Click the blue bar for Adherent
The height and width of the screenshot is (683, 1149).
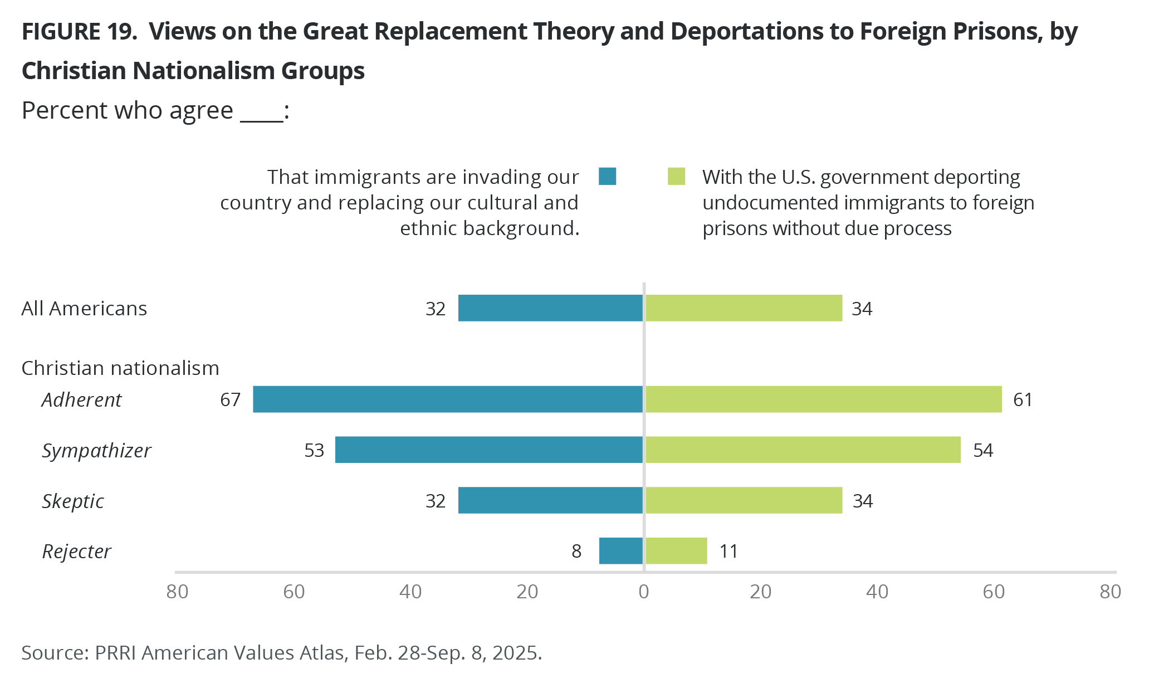(x=448, y=399)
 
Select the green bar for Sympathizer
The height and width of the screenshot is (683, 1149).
(x=803, y=450)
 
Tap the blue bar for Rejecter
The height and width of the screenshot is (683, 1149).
(x=620, y=551)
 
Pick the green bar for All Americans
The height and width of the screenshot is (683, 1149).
(x=743, y=308)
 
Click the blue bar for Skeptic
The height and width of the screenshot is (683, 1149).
(x=550, y=500)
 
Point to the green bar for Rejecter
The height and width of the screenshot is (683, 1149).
(x=676, y=551)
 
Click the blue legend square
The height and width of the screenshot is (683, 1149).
(x=607, y=176)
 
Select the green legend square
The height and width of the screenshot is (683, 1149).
(x=676, y=176)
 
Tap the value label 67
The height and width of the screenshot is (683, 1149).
(x=230, y=400)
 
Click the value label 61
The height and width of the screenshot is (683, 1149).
(x=1023, y=400)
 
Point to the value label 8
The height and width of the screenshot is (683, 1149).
(x=576, y=552)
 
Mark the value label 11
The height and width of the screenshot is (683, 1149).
(x=728, y=552)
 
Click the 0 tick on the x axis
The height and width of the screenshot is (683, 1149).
(x=644, y=592)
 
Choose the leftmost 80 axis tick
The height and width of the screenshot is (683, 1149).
(x=177, y=592)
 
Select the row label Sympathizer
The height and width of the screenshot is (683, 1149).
(x=96, y=451)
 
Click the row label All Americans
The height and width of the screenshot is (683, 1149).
(x=84, y=309)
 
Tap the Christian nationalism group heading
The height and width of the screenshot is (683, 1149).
(x=120, y=368)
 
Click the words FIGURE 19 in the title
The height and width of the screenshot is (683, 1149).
(x=79, y=32)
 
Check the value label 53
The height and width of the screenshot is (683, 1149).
(x=314, y=451)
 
